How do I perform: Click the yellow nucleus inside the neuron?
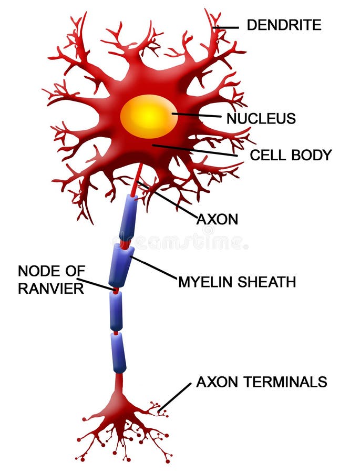point(149,116)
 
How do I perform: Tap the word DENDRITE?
point(284,24)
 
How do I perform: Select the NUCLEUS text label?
point(261,119)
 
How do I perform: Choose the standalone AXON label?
point(217,219)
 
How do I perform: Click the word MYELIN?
point(206,282)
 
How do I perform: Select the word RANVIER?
point(50,289)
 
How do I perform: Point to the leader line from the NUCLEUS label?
point(197,115)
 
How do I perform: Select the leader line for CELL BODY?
point(194,150)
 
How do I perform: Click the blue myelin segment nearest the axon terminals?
point(119,352)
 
